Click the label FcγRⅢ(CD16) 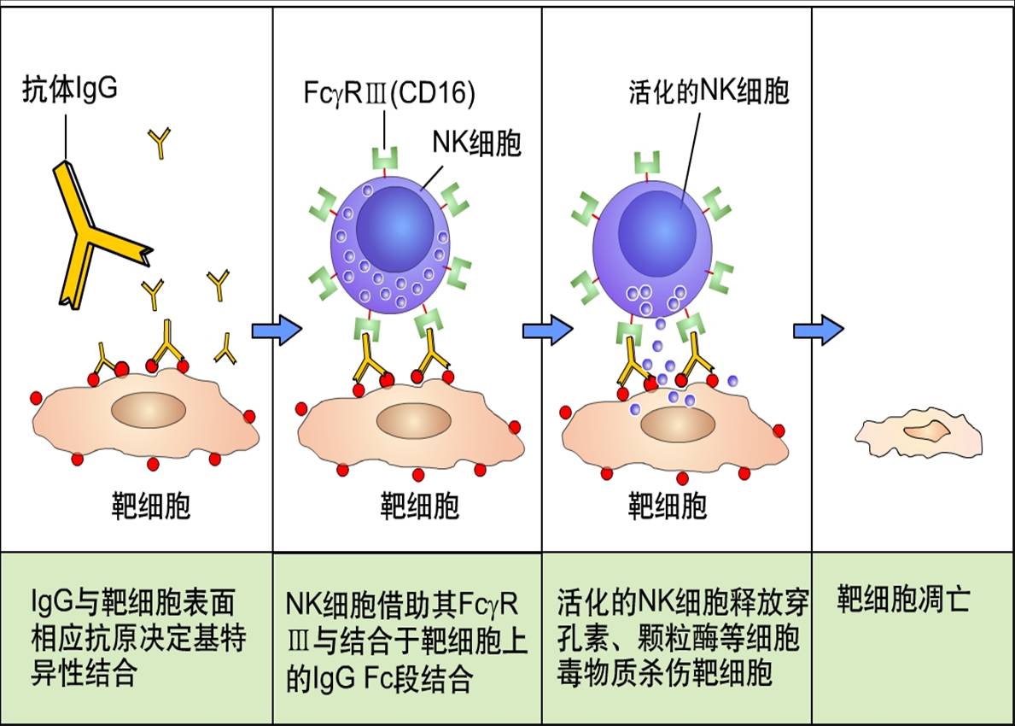388,93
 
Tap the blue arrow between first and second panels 277,329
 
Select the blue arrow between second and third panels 547,329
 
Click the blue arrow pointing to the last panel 819,329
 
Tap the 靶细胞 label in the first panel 151,506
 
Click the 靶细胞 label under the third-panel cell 667,506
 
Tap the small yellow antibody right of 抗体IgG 160,143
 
